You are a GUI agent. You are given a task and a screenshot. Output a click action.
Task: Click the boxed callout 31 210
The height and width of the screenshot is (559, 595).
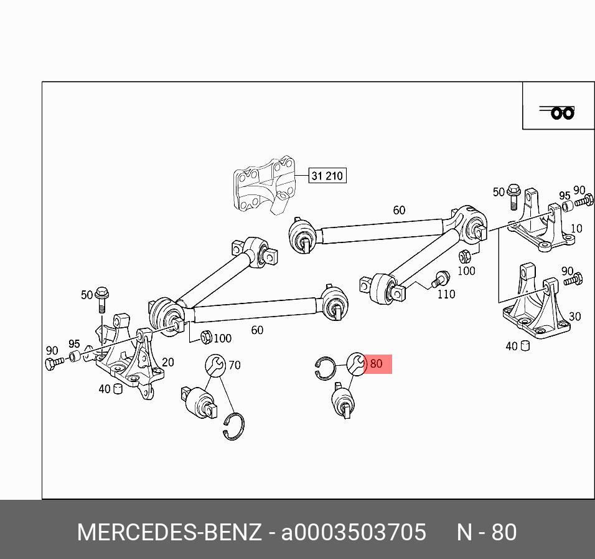pos(327,176)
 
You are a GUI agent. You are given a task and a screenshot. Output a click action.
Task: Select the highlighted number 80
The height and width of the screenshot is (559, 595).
pos(377,363)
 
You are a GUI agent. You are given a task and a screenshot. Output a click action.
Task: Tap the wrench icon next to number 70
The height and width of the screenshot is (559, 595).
pos(215,365)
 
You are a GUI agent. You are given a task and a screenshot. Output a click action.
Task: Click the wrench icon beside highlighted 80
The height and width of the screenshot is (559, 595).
pos(357,364)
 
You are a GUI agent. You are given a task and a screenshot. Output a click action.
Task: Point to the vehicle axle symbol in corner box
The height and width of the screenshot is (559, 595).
pos(558,112)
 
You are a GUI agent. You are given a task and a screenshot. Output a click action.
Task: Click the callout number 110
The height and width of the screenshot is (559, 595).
pos(446,294)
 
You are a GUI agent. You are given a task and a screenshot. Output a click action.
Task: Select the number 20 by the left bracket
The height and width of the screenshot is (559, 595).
pos(168,362)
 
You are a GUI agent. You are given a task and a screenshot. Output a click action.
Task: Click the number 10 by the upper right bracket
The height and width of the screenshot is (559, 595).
pos(576,229)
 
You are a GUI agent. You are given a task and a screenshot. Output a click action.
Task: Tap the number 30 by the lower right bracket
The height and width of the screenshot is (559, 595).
pos(574,317)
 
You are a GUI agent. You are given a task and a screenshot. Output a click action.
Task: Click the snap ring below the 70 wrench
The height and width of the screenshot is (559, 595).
pos(234,426)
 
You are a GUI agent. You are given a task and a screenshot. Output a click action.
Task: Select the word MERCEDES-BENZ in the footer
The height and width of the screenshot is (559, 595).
pos(169,533)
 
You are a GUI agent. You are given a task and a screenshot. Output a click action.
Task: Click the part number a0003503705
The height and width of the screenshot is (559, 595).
pos(354,533)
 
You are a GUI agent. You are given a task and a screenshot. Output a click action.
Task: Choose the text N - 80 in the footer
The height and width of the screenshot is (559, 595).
pos(487,533)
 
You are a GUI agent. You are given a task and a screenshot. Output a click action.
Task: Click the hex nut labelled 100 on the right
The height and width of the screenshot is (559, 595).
pos(464,257)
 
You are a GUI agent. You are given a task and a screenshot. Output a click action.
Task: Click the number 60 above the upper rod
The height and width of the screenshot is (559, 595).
pos(399,211)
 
